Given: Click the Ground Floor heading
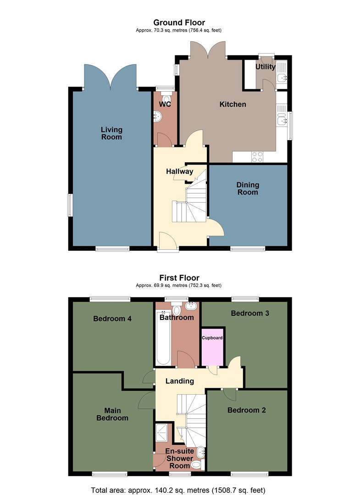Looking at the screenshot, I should click(x=179, y=22).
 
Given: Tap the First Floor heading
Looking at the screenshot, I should click(x=179, y=278).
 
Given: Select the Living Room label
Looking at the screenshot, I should click(x=111, y=133).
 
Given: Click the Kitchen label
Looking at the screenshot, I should click(x=233, y=104).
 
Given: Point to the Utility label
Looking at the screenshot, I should click(x=265, y=67).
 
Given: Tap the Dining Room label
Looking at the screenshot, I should click(x=248, y=188).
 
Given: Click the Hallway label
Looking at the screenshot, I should click(x=179, y=171).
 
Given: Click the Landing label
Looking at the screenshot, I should click(x=179, y=381).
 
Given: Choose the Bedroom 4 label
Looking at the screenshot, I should click(x=112, y=319).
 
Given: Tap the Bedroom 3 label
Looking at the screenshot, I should click(x=249, y=313).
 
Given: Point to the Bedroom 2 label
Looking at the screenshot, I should click(x=247, y=410).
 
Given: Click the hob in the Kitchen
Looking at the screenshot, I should click(x=257, y=157).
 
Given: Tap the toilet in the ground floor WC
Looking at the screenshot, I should click(x=166, y=98).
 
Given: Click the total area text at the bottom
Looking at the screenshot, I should click(x=178, y=489).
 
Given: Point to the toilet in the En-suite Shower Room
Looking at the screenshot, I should click(x=196, y=465).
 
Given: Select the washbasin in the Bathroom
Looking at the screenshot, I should click(x=192, y=306).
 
